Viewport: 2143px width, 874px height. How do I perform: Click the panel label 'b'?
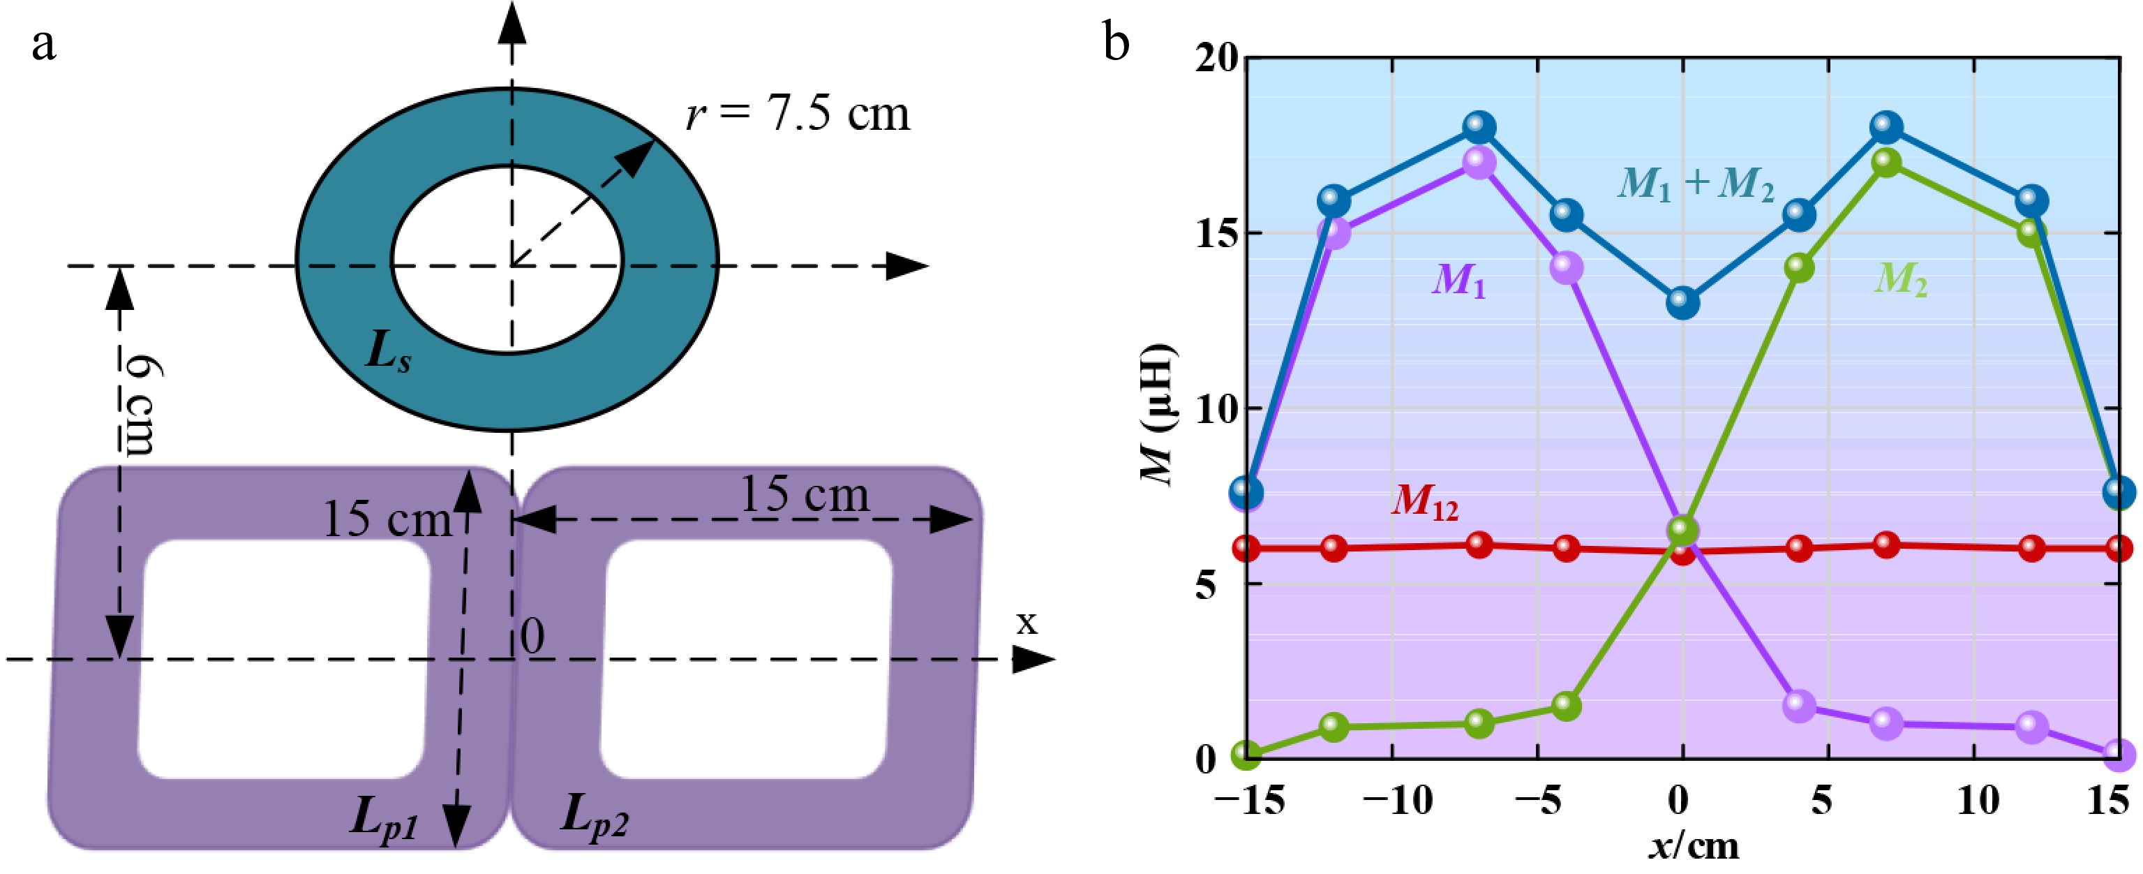pyautogui.click(x=1116, y=43)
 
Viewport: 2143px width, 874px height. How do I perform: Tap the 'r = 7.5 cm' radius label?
pyautogui.click(x=797, y=114)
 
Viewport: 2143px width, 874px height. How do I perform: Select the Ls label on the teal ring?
pyautogui.click(x=388, y=355)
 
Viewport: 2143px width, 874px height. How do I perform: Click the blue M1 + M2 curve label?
pyautogui.click(x=1696, y=183)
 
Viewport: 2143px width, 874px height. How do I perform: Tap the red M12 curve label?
pyautogui.click(x=1425, y=502)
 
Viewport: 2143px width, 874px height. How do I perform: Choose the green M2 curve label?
pyautogui.click(x=1901, y=280)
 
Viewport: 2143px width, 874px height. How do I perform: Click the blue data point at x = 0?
pyautogui.click(x=1682, y=303)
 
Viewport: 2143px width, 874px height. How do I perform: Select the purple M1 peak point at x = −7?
pyautogui.click(x=1479, y=163)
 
